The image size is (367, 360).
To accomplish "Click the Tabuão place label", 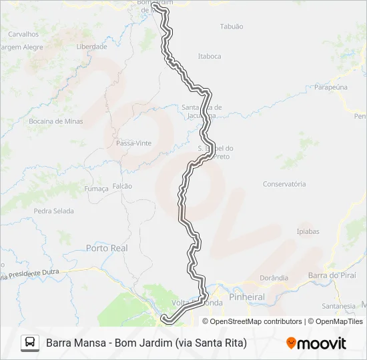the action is (x=232, y=27).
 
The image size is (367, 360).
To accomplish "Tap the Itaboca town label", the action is (x=210, y=57).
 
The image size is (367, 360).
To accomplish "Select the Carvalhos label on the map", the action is (x=23, y=34).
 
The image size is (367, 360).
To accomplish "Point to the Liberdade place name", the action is (x=91, y=47).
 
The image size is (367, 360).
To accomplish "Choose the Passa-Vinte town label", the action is (x=133, y=143).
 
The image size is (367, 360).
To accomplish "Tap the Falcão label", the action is (x=122, y=186).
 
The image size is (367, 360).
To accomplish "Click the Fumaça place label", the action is (x=97, y=189).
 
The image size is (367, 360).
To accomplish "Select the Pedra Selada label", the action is (x=53, y=211).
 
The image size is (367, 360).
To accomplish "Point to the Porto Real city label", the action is (x=107, y=248).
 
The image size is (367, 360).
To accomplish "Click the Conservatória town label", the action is (x=284, y=184).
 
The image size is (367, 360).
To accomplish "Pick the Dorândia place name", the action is (x=274, y=278).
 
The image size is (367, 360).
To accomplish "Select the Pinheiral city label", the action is (x=246, y=297).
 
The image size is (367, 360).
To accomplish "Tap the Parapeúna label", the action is (x=332, y=87).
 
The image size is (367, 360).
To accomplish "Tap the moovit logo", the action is (x=316, y=343).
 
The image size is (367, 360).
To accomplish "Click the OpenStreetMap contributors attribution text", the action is (x=256, y=321).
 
